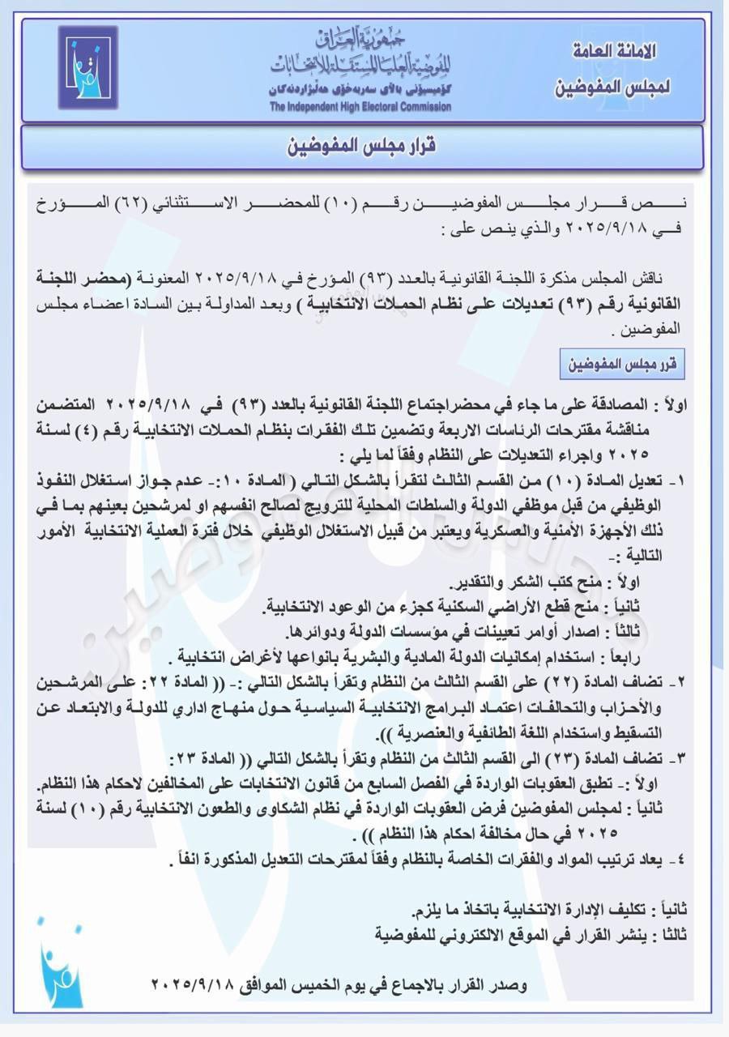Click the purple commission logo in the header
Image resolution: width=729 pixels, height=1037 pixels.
point(87,67)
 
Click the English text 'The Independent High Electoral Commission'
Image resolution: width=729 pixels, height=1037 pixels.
point(360,107)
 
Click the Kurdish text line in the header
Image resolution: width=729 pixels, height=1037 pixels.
point(360,91)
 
